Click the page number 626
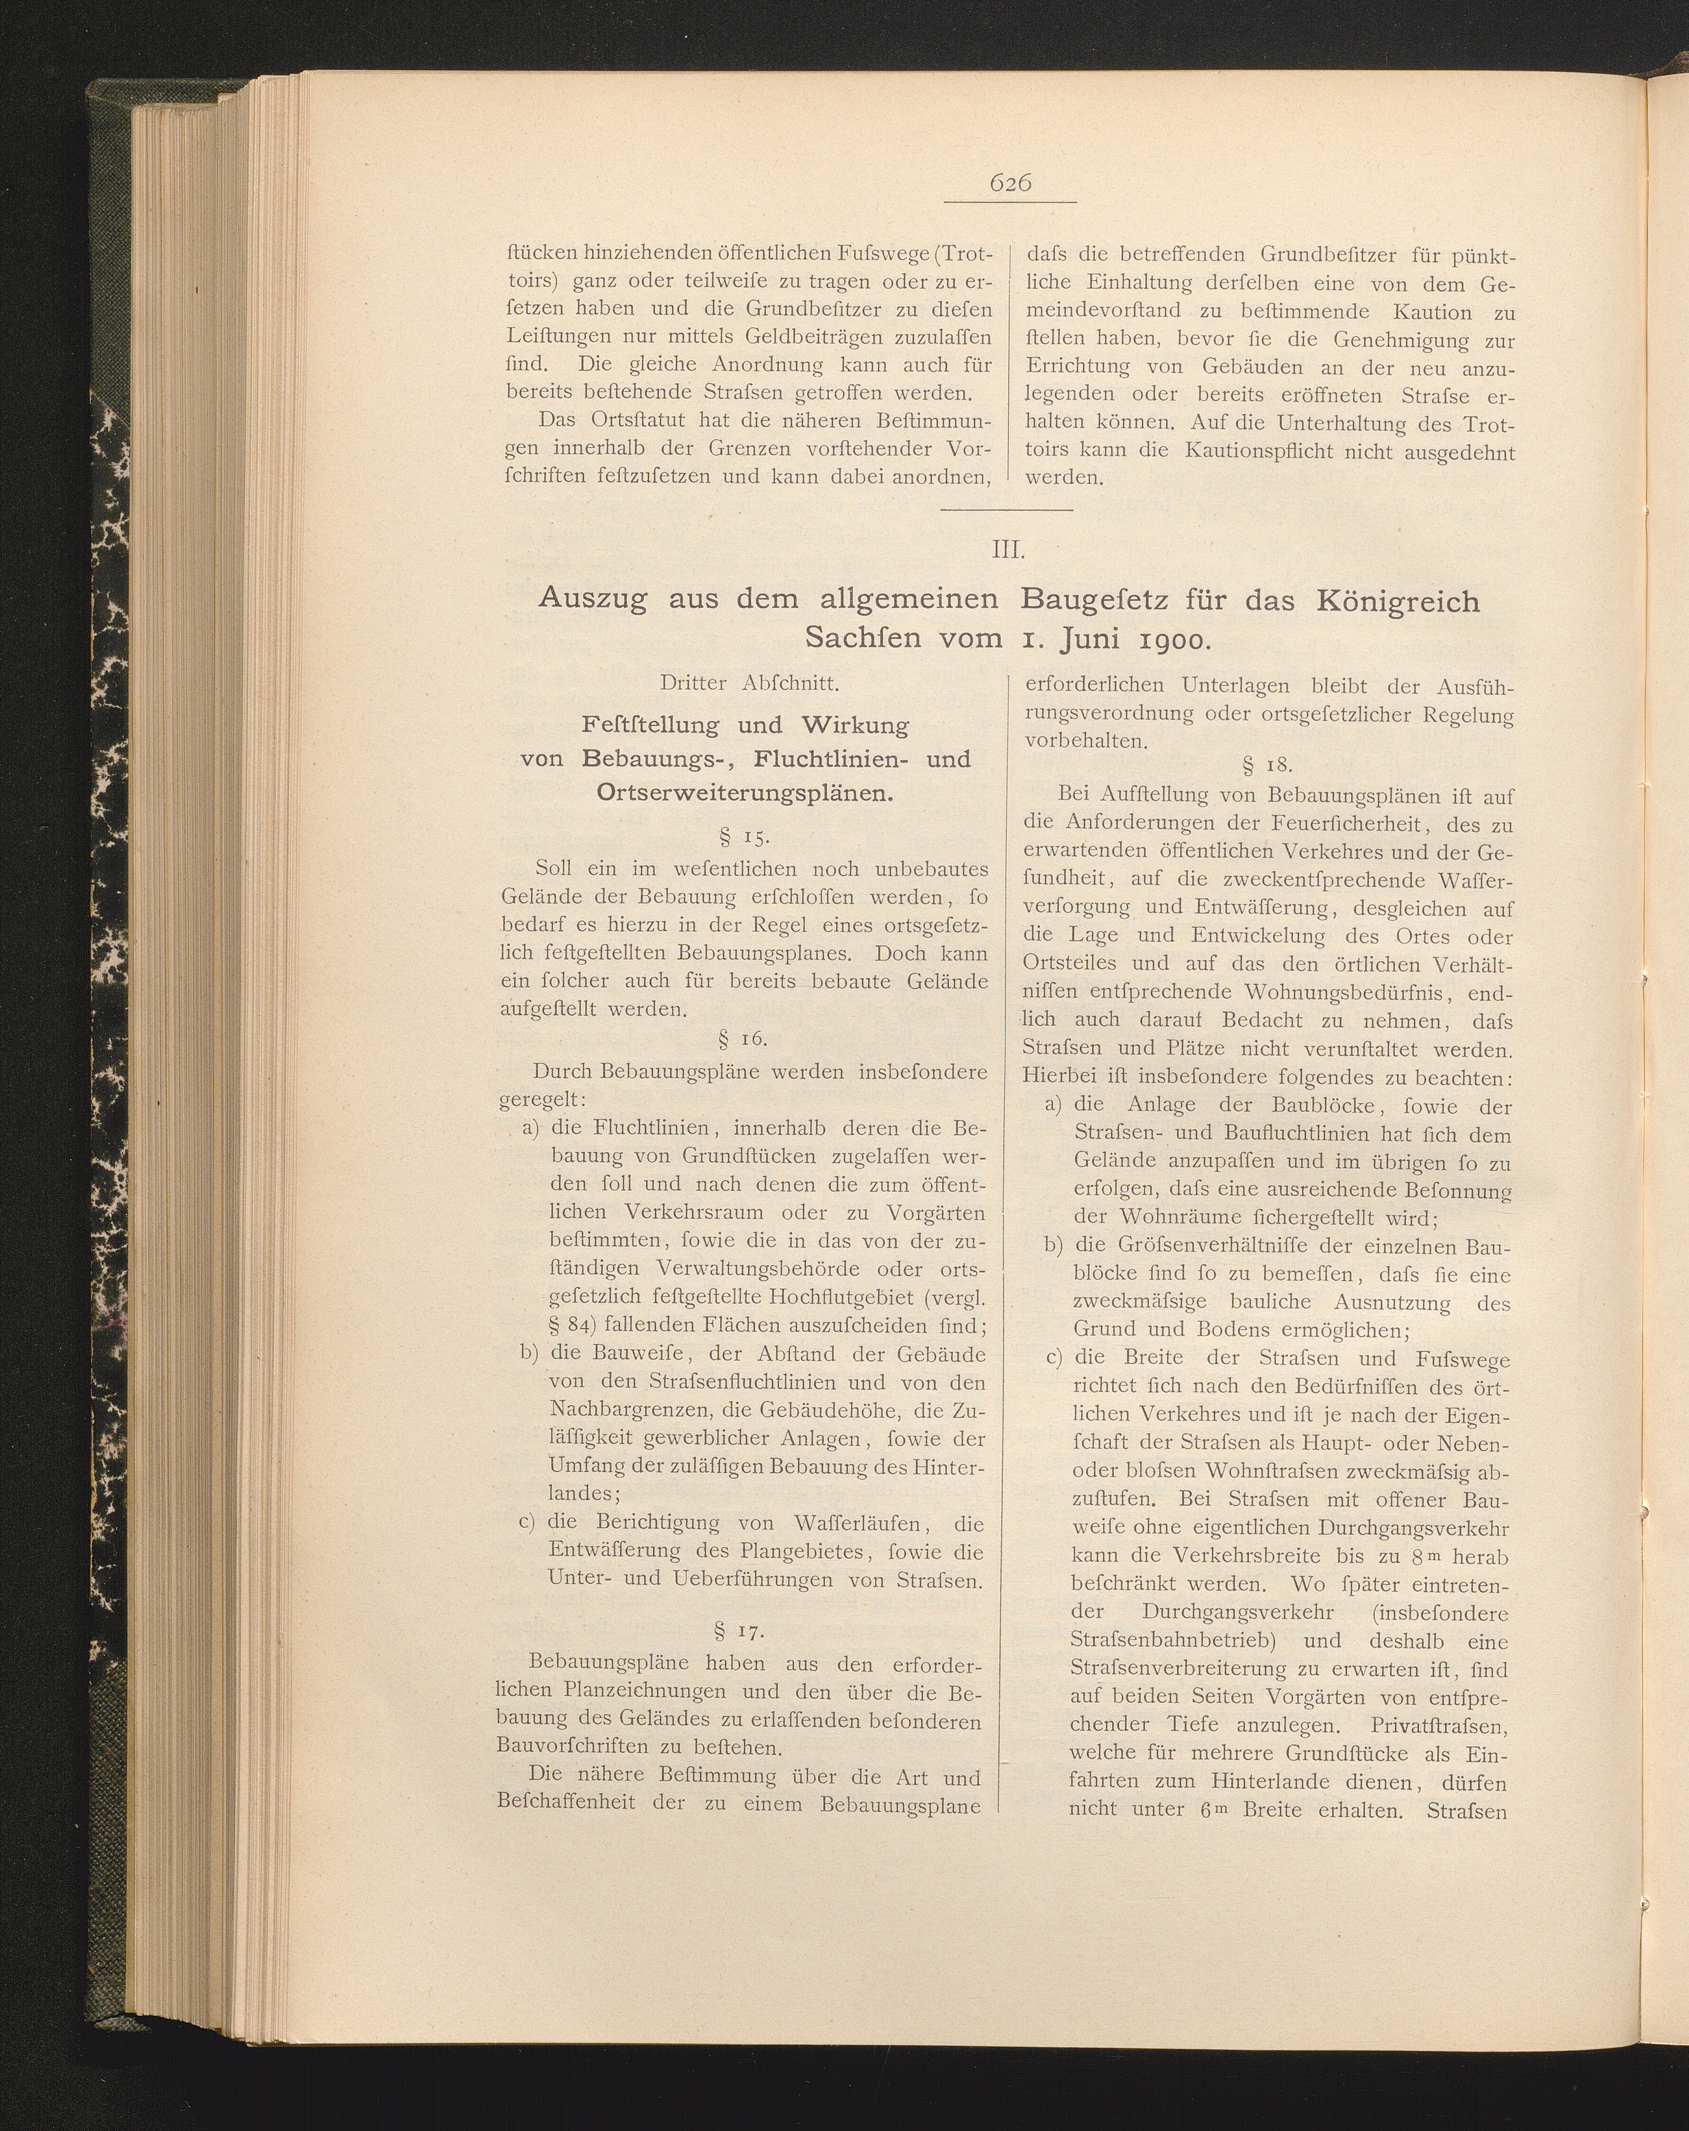[1009, 183]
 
